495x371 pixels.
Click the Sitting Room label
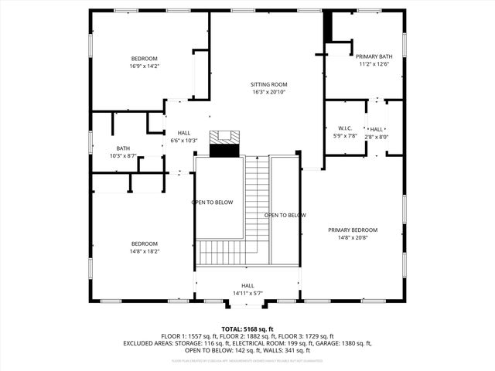(268, 84)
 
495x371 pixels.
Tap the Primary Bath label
(374, 56)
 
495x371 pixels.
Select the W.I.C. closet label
(345, 128)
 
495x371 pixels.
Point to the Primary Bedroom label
(352, 230)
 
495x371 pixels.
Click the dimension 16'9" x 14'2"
(144, 66)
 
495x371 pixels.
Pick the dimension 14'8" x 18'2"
(144, 250)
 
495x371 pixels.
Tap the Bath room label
(124, 148)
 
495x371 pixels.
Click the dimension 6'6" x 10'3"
(184, 141)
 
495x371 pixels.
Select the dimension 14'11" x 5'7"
(247, 293)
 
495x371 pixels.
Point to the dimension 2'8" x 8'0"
(377, 137)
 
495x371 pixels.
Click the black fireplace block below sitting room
(225, 150)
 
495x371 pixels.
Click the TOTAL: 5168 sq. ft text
(247, 328)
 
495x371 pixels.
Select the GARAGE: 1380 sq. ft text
(345, 343)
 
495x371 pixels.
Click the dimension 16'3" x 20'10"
(268, 92)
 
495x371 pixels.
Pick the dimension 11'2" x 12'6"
(374, 64)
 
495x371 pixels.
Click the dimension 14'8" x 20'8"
(352, 238)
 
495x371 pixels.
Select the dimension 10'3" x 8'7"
(124, 156)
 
